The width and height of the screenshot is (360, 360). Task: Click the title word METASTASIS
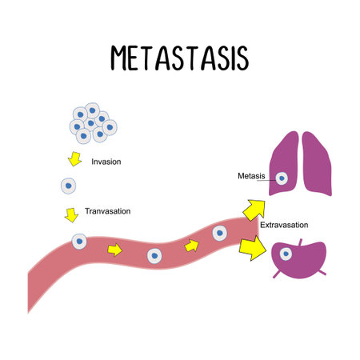tap(179, 59)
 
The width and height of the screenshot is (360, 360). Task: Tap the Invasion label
tap(106, 162)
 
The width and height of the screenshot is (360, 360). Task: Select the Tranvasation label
tap(107, 212)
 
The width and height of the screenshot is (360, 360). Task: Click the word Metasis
tap(251, 176)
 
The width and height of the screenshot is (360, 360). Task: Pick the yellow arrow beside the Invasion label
tap(74, 159)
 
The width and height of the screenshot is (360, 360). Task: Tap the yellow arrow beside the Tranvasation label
tap(70, 214)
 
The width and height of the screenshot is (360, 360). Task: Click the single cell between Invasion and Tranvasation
tap(69, 186)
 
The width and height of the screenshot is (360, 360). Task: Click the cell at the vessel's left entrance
tap(79, 241)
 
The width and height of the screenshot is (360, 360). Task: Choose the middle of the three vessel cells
tap(154, 257)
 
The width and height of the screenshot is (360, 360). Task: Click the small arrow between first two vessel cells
tap(115, 250)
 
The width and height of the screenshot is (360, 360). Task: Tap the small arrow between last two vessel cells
tap(191, 245)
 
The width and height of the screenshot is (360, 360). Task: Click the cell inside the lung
tap(281, 178)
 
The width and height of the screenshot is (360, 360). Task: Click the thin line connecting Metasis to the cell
tap(270, 178)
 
